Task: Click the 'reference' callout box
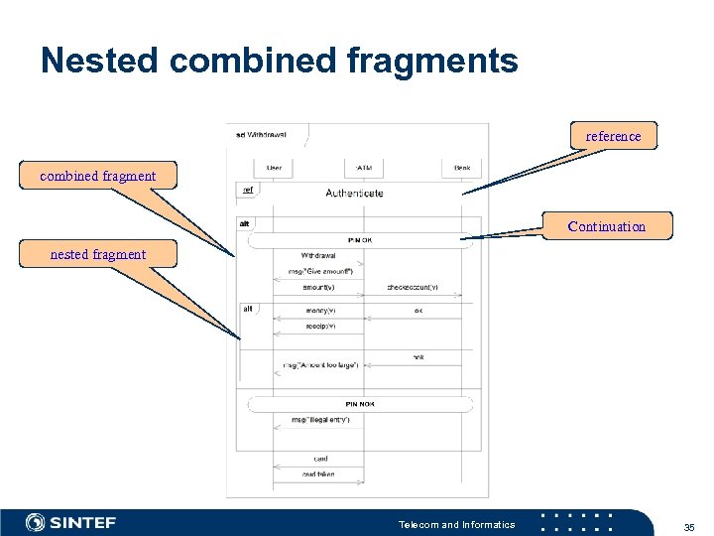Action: click(613, 136)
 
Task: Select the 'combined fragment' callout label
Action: click(97, 176)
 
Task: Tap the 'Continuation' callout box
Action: click(606, 226)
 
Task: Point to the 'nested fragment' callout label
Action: click(97, 254)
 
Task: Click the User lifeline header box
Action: click(274, 167)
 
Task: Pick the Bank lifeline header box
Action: click(462, 167)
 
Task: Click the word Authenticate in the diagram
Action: click(354, 193)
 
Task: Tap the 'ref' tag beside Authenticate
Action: click(248, 189)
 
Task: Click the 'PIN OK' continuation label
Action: click(360, 239)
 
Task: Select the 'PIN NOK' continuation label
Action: click(360, 404)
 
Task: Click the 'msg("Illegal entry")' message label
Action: click(319, 419)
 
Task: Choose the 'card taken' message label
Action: click(318, 474)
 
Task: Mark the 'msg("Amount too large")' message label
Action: click(319, 366)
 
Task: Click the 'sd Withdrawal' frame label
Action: click(262, 134)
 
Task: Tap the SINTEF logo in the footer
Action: click(70, 522)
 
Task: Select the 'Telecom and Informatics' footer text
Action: click(456, 524)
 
